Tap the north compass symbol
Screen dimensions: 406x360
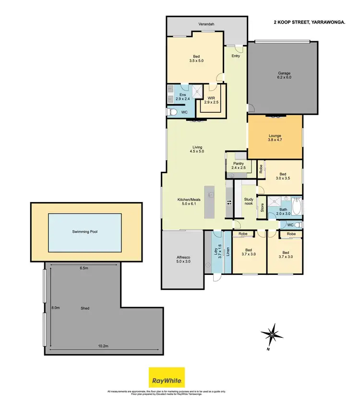pyautogui.click(x=272, y=334)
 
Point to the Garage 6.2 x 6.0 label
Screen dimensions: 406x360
pyautogui.click(x=284, y=75)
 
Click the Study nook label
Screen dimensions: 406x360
pyautogui.click(x=249, y=202)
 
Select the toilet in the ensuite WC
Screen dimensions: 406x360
pyautogui.click(x=171, y=112)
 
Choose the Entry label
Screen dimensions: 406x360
pyautogui.click(x=236, y=56)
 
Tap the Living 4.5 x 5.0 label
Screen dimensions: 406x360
pyautogui.click(x=197, y=149)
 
